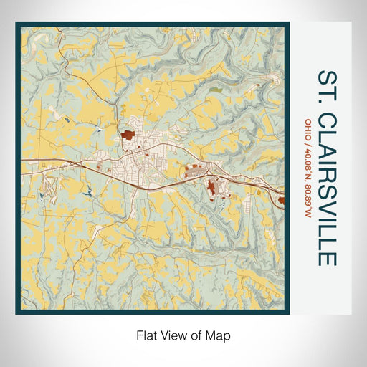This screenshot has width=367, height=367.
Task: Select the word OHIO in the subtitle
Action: pos(308,128)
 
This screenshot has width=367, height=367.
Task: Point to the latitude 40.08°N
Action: pos(308,159)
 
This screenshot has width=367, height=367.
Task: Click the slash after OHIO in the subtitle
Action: pos(308,140)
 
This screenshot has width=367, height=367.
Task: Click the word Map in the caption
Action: pos(220,335)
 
